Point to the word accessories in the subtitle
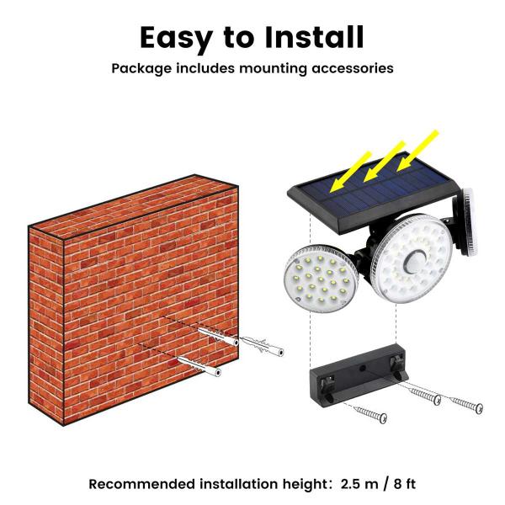347,67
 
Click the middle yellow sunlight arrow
385,158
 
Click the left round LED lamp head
320,278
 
